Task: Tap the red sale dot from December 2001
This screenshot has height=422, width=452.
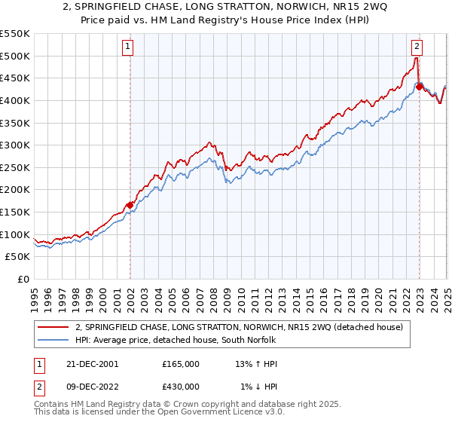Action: (130, 204)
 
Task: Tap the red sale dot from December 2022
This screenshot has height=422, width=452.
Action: (419, 86)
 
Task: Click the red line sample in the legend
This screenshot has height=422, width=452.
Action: (53, 328)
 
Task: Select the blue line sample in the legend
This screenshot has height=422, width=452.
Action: (53, 341)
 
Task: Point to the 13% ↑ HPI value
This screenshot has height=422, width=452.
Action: (256, 363)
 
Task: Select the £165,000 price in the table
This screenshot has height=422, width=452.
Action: (180, 363)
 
